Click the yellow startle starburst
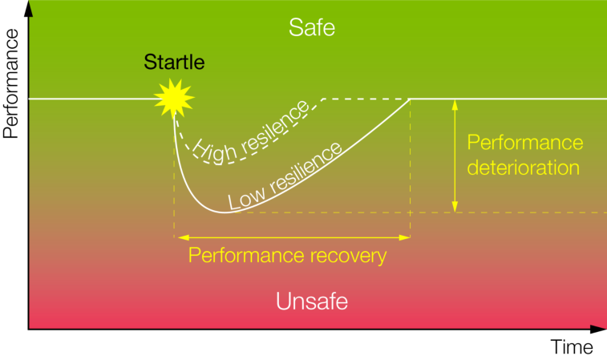[x=174, y=99]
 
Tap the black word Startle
[x=174, y=62]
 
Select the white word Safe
[x=312, y=28]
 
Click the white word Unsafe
[x=312, y=301]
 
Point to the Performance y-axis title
[x=11, y=83]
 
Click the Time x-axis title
[x=572, y=347]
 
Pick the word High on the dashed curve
[x=214, y=152]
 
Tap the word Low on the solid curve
[x=246, y=198]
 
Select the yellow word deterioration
[x=524, y=168]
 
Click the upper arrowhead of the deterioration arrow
[x=455, y=104]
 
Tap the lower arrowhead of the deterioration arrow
[x=455, y=207]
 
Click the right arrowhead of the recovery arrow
[x=404, y=237]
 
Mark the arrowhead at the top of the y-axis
[x=28, y=8]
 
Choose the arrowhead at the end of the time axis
[x=598, y=330]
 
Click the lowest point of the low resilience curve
[x=225, y=212]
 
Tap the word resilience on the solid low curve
[x=306, y=168]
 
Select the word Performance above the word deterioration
[x=525, y=143]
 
